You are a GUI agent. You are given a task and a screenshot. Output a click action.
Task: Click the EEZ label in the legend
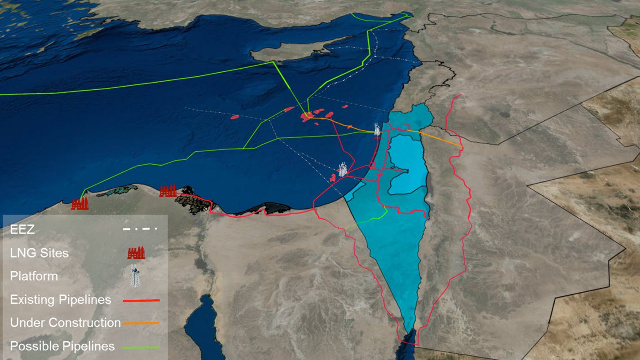[22, 230]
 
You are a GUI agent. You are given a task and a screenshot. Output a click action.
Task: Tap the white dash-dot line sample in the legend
[140, 229]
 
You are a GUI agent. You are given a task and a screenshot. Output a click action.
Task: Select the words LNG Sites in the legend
[39, 253]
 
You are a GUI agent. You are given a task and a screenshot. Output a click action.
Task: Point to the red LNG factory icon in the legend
[136, 253]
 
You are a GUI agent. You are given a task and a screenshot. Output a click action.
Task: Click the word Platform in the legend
[34, 276]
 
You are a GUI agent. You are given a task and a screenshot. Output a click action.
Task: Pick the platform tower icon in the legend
[134, 276]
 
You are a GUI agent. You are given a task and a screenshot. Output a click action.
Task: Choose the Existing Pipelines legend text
[60, 299]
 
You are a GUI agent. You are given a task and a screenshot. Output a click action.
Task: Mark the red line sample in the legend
[141, 300]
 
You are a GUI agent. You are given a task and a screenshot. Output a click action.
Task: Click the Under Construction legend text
[65, 323]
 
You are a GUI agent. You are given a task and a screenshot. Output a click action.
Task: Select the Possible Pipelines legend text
[62, 347]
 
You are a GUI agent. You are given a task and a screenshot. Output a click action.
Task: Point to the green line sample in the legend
[141, 347]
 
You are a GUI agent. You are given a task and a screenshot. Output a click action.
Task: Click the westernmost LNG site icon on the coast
[80, 204]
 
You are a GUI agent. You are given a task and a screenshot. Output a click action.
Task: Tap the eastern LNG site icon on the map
[168, 191]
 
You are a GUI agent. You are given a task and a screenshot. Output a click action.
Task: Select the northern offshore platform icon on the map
[377, 130]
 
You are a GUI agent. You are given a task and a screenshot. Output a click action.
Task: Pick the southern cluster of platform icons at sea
[343, 170]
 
